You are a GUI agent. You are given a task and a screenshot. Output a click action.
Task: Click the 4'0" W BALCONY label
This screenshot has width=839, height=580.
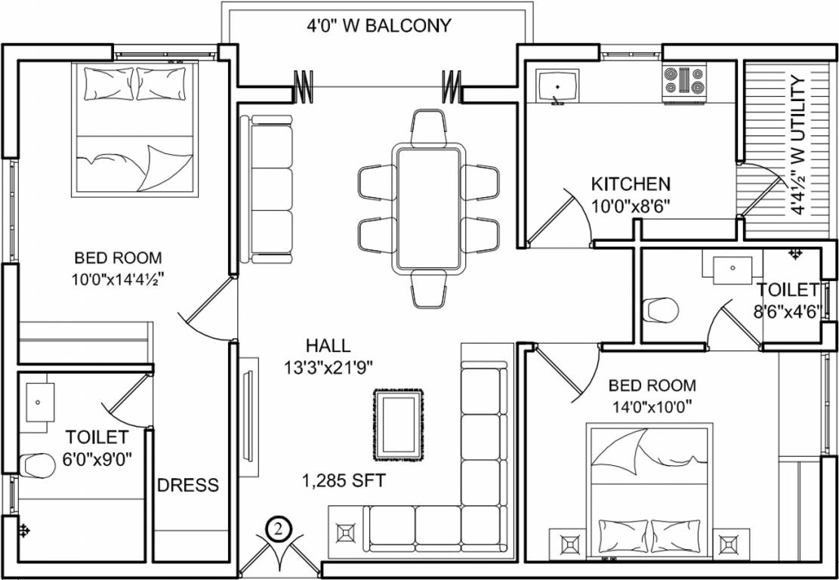(x=378, y=26)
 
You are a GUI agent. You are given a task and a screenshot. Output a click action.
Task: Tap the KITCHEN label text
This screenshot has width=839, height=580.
(x=630, y=184)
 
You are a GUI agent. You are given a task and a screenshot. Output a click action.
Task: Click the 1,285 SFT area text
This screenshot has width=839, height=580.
(x=344, y=480)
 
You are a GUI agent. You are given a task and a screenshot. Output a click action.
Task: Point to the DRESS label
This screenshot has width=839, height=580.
(x=188, y=485)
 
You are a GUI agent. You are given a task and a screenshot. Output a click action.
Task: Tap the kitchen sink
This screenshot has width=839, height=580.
(x=557, y=85)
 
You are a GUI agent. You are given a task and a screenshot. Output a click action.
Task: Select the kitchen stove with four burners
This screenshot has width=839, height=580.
(x=684, y=82)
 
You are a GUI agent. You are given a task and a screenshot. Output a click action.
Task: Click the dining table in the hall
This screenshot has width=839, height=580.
(x=428, y=209)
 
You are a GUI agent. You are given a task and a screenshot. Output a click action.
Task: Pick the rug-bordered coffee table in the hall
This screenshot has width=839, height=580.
(x=398, y=424)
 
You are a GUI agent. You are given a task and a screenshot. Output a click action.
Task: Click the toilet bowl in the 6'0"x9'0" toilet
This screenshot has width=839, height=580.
(x=36, y=464)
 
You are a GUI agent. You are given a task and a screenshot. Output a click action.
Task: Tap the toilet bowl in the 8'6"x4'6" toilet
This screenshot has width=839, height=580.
(x=661, y=310)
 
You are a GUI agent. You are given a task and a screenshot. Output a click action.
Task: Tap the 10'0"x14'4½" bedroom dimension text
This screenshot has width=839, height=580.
(x=118, y=278)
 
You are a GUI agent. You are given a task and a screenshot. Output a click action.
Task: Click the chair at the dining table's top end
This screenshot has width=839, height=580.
(x=428, y=127)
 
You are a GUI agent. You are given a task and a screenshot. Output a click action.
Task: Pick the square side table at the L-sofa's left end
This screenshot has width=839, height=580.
(x=346, y=532)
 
